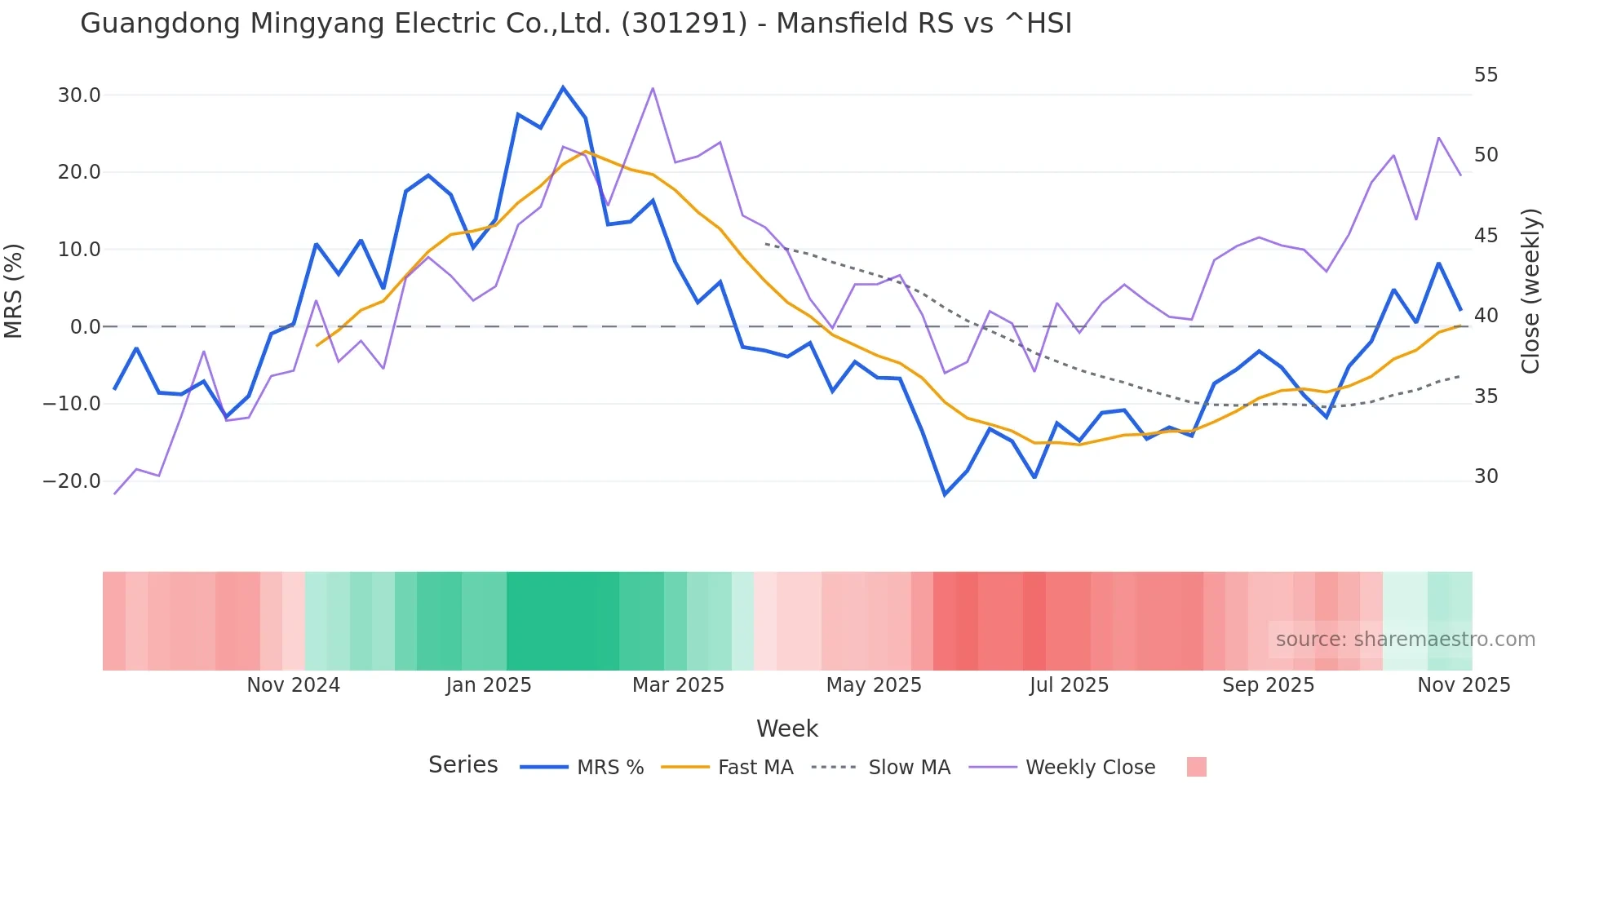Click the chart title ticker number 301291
684,24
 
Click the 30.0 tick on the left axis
79,95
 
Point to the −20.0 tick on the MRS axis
73,481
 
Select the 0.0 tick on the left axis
86,327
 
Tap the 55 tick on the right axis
1486,75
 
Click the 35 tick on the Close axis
1486,396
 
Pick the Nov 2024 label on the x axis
293,685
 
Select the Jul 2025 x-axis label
1069,685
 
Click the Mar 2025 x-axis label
678,685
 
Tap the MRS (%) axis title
14,290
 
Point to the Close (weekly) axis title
1530,290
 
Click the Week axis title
786,728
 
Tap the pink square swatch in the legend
1196,767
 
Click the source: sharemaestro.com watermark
1405,640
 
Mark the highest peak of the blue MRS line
563,87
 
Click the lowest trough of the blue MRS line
945,494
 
